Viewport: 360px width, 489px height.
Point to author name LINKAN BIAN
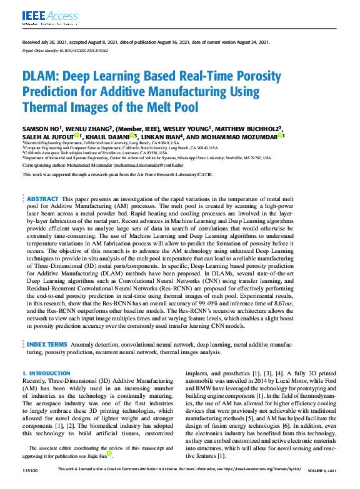(160, 136)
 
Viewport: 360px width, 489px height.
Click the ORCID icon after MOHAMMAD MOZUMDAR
(282, 136)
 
